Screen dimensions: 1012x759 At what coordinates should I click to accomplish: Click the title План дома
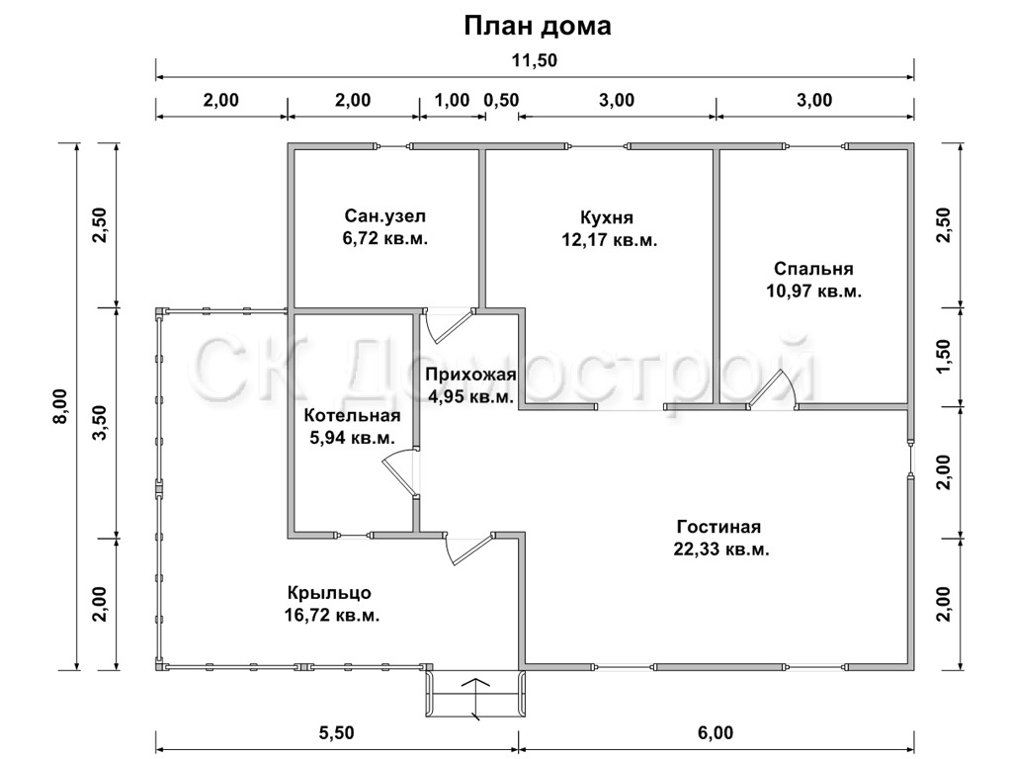[538, 27]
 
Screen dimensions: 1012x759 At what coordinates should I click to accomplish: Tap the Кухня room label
[607, 216]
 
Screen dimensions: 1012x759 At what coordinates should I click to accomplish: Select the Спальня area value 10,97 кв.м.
[814, 292]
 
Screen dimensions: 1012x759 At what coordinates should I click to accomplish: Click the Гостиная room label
[718, 527]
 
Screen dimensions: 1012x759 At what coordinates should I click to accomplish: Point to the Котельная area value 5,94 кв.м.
[353, 438]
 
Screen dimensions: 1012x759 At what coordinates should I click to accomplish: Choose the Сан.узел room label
[385, 215]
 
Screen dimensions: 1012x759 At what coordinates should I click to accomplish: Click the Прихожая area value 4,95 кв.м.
[471, 396]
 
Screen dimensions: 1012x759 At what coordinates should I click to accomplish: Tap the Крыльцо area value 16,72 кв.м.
[332, 615]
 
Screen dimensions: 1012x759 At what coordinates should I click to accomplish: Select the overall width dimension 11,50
[535, 60]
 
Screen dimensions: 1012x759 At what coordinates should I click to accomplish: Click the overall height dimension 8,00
[59, 406]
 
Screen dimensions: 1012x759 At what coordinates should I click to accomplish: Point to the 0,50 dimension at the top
[501, 100]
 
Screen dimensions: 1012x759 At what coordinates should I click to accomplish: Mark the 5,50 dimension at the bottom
[337, 733]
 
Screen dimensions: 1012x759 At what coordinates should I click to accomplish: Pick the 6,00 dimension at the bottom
[716, 733]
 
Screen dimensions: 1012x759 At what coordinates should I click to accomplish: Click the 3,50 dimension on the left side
[100, 424]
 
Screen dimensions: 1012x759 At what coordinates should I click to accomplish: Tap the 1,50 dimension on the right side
[943, 357]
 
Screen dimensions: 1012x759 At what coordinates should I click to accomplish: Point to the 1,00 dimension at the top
[453, 100]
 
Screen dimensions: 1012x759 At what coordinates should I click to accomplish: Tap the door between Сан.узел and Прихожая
[450, 325]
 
